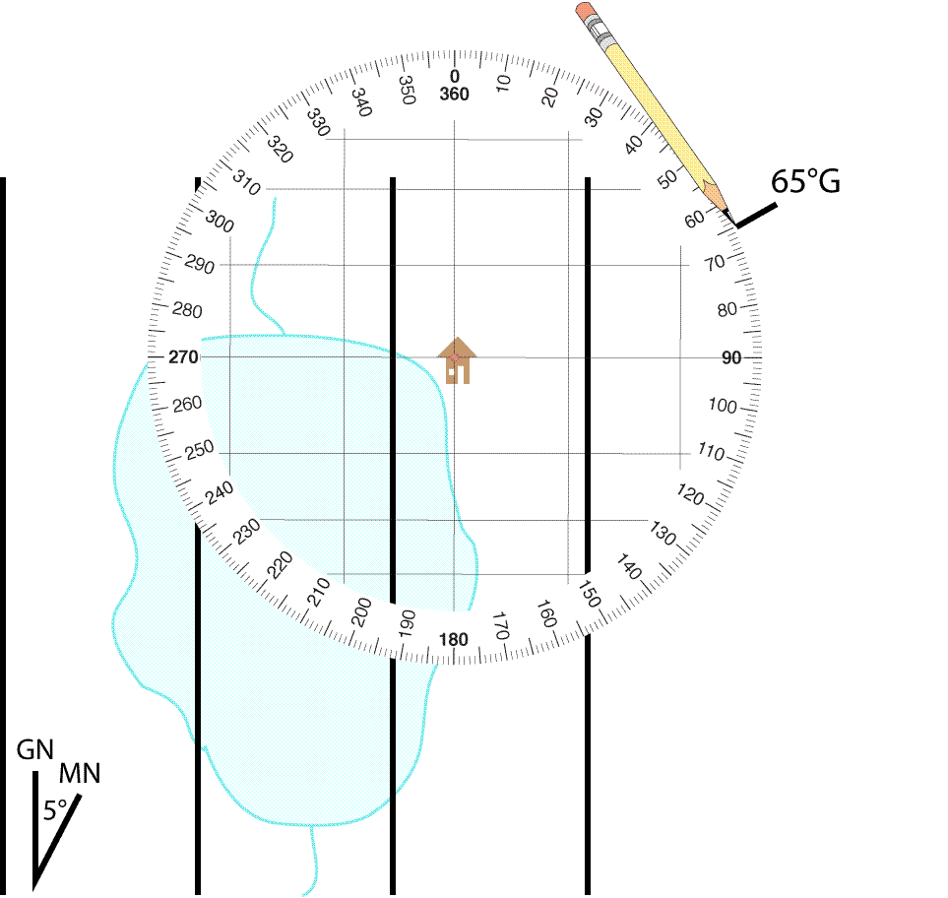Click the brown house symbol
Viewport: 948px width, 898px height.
point(457,360)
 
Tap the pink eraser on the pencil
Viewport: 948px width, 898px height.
point(586,12)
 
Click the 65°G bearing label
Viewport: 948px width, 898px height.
point(805,181)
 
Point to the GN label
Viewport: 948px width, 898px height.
point(35,750)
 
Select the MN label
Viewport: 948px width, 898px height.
point(79,773)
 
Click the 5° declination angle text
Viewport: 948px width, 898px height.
point(55,810)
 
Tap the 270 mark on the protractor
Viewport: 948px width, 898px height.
point(183,356)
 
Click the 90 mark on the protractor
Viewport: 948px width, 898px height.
point(731,358)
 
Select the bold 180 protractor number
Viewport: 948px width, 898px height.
point(454,639)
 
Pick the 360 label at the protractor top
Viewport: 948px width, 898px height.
point(454,94)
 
